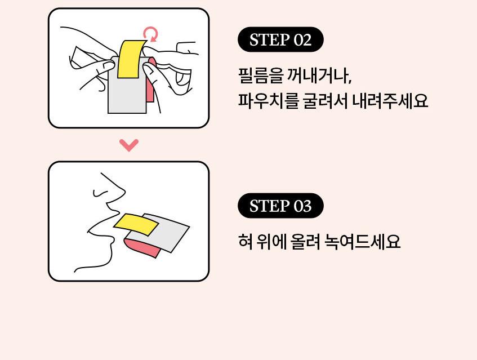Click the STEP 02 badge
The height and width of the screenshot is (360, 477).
280,39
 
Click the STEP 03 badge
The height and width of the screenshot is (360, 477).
280,206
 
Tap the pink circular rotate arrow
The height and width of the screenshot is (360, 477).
151,34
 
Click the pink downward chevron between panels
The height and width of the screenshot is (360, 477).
129,145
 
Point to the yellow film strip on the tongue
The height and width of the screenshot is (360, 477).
136,225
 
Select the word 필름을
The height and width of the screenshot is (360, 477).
261,75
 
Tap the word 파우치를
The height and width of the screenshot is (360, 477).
268,100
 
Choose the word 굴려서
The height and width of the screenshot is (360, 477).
325,100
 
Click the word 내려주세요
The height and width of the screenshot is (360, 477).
390,100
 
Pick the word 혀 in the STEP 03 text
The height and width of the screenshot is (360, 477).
245,241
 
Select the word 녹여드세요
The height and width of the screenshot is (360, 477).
362,241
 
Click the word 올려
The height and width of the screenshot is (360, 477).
305,241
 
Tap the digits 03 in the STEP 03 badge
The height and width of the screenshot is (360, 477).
302,206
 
